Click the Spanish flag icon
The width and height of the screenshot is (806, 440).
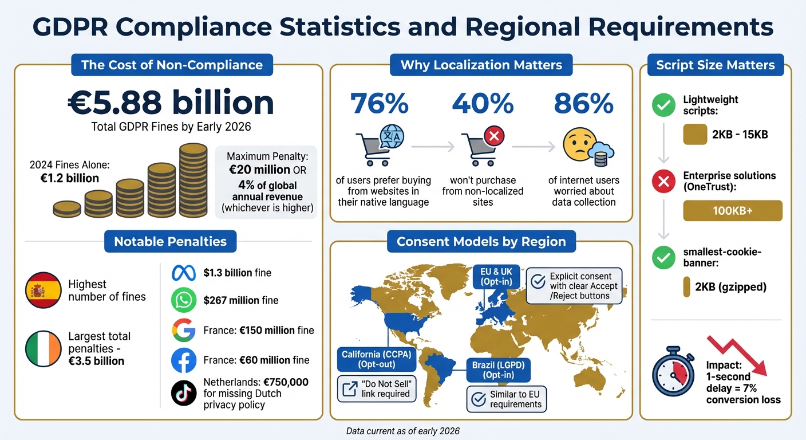pos(44,291)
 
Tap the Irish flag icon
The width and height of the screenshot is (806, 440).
pos(44,348)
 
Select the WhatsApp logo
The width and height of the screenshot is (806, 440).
pos(184,300)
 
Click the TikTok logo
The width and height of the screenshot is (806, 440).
pos(184,393)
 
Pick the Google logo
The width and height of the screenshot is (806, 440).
pos(184,331)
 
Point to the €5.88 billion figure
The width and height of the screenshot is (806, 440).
pos(171,103)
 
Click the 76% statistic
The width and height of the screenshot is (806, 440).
pos(380,103)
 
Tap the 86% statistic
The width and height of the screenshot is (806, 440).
pos(584,103)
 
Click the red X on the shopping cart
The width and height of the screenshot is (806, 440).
pos(493,136)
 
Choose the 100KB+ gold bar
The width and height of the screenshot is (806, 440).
pos(733,211)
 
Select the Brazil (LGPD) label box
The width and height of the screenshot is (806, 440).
pos(497,370)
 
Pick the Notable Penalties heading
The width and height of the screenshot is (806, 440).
pos(171,242)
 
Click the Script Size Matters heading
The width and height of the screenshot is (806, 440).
pos(716,65)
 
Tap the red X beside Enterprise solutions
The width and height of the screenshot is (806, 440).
pos(664,182)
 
